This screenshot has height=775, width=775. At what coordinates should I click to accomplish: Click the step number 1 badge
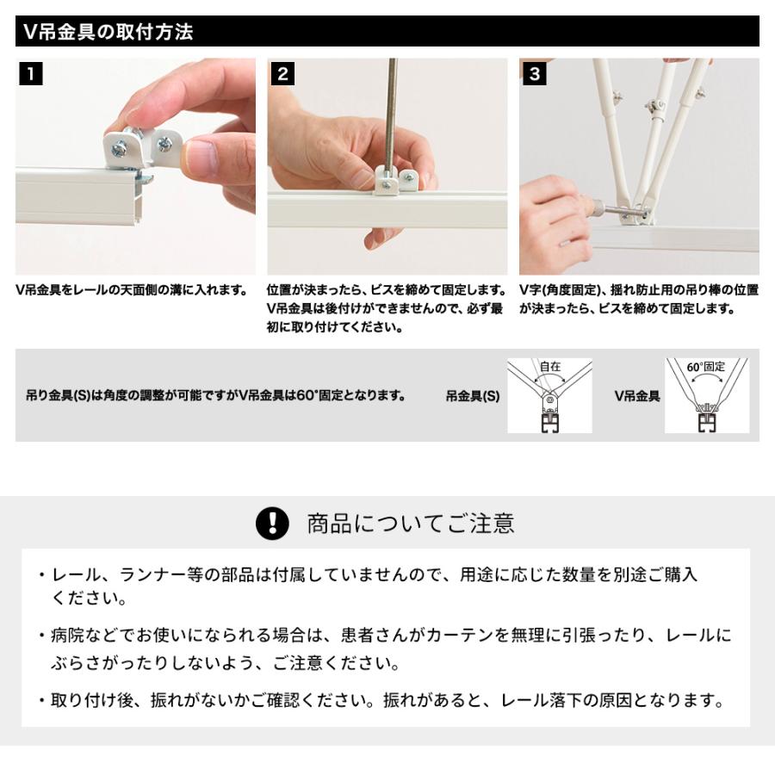[x=30, y=73]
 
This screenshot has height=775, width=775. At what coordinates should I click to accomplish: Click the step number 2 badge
[x=282, y=73]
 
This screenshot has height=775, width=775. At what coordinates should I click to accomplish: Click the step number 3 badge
[x=534, y=73]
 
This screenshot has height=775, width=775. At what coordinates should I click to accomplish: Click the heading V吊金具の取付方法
[x=108, y=33]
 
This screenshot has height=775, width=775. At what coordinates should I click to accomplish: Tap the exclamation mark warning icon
[x=272, y=523]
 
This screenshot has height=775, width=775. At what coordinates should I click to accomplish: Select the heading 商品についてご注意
[x=411, y=523]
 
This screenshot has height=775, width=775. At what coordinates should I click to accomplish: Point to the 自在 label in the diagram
[x=549, y=366]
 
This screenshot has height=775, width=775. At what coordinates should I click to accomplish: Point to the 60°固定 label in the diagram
[x=706, y=366]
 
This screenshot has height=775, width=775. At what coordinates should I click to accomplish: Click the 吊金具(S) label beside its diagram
[x=472, y=396]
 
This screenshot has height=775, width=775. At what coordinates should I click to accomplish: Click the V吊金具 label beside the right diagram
[x=636, y=396]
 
